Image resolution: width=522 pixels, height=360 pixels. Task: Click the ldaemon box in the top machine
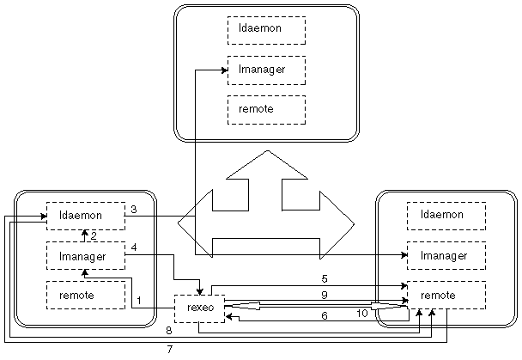click(x=266, y=31)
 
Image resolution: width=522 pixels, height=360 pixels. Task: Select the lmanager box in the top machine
click(x=266, y=70)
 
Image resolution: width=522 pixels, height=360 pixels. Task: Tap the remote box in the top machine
click(x=266, y=109)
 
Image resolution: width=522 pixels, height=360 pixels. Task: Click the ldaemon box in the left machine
click(x=85, y=216)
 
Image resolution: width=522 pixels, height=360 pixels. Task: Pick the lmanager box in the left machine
click(x=85, y=255)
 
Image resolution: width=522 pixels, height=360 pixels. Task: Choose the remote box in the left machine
click(x=85, y=295)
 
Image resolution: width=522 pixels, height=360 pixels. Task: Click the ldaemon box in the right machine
click(x=446, y=216)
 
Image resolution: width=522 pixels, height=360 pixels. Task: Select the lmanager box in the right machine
click(x=446, y=255)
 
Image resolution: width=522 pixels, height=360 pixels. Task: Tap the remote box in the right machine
click(x=446, y=295)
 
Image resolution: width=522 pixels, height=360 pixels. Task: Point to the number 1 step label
click(x=139, y=300)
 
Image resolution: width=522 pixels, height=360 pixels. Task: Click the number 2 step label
click(x=94, y=235)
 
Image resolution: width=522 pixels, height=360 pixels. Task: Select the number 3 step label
click(x=134, y=209)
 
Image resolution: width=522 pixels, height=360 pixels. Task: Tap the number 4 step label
click(x=134, y=249)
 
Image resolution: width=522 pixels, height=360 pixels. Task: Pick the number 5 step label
click(x=325, y=278)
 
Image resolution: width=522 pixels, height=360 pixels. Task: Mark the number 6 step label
click(x=325, y=315)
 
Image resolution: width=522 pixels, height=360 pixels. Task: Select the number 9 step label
click(x=325, y=295)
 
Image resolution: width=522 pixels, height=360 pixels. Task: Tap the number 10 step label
click(x=361, y=314)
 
